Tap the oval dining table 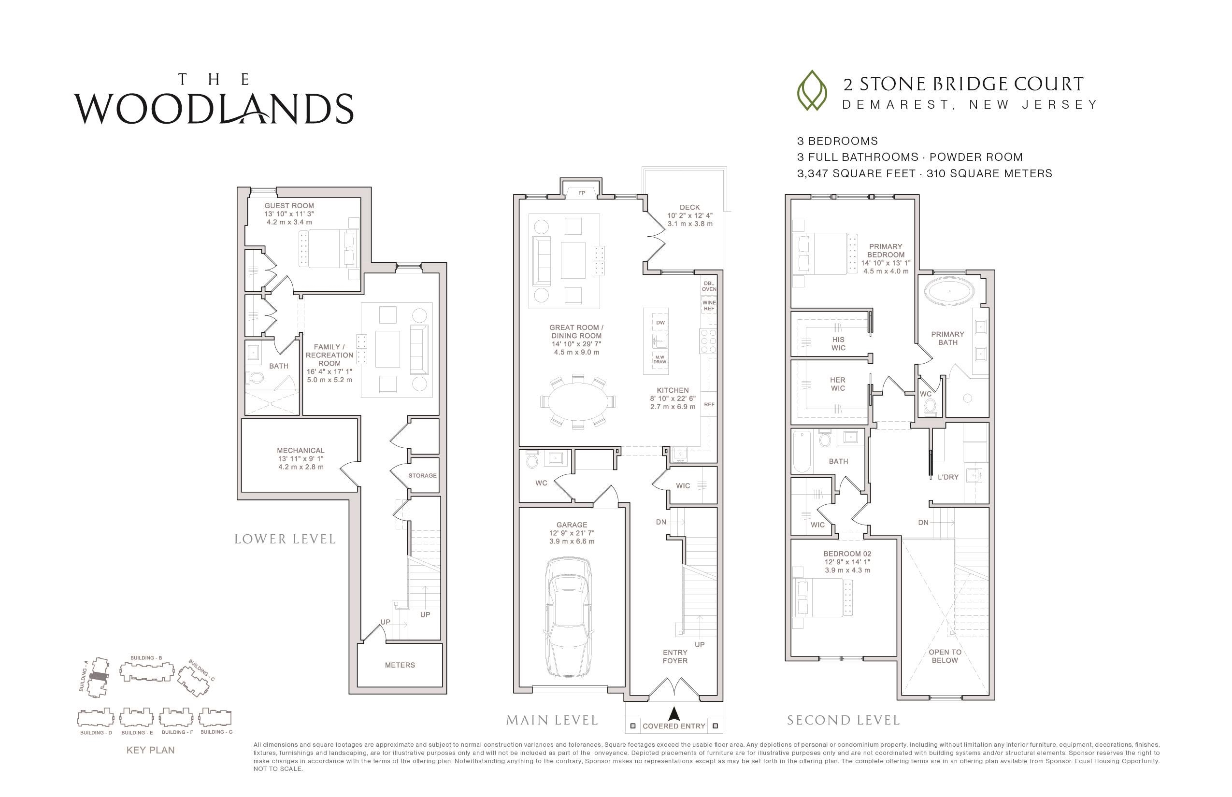coord(578,401)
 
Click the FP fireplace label coord(581,193)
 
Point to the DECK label coord(690,208)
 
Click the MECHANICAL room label coord(301,450)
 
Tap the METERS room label coord(400,665)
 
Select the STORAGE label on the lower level coord(422,476)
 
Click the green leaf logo coord(812,91)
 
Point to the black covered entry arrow coord(673,714)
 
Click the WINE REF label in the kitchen coord(709,306)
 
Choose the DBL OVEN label coord(709,286)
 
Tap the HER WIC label coord(838,384)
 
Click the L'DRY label coord(948,477)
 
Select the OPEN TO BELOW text coord(945,656)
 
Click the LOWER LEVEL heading coord(285,539)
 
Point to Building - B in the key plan coord(146,672)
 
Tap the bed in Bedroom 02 coord(824,597)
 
